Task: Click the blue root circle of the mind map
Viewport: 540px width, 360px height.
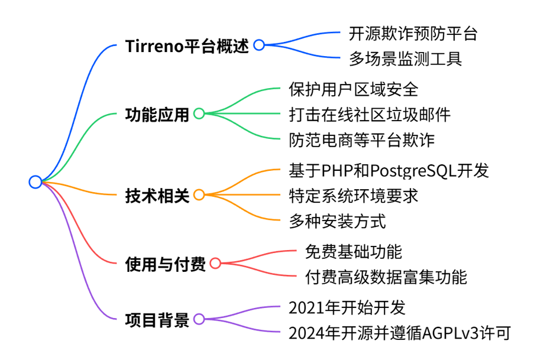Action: pos(35,181)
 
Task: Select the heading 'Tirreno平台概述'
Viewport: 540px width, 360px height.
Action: pos(187,46)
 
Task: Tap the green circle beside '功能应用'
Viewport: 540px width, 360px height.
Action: pos(199,113)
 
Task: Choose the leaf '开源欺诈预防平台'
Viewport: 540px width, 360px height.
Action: pos(413,34)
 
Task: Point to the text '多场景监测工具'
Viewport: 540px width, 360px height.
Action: pos(405,59)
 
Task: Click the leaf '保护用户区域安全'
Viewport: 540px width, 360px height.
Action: pos(353,89)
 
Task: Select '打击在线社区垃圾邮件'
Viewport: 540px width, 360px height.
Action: pos(370,115)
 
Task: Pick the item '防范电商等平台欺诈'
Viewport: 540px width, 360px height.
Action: pos(361,140)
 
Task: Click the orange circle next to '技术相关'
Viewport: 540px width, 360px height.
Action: pos(199,195)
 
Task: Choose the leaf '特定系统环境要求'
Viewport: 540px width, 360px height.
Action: pos(353,196)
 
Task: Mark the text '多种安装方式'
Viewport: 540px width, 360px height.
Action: pos(337,221)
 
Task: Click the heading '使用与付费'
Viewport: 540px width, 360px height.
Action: pos(165,264)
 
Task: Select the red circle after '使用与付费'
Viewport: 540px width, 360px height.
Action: pos(215,263)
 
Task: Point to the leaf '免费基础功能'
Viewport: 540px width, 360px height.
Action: pos(353,252)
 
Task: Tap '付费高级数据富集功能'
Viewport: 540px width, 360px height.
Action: pos(386,277)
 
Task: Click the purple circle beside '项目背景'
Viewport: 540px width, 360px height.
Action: pos(199,319)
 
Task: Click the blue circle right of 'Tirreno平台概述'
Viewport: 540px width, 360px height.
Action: pos(259,45)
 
